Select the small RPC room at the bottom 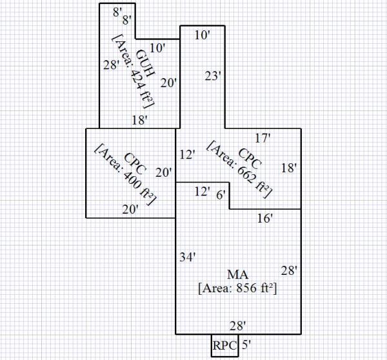coord(224,345)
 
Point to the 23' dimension coord(213,76)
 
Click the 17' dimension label coord(262,137)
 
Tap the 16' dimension coord(265,219)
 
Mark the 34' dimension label coord(187,257)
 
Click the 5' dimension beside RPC coord(246,345)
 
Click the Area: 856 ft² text coord(237,288)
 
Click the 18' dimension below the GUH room coord(140,120)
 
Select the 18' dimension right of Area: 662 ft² coord(289,168)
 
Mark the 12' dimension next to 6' coord(203,191)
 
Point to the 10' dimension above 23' coord(202,35)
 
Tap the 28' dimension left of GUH coord(112,65)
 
